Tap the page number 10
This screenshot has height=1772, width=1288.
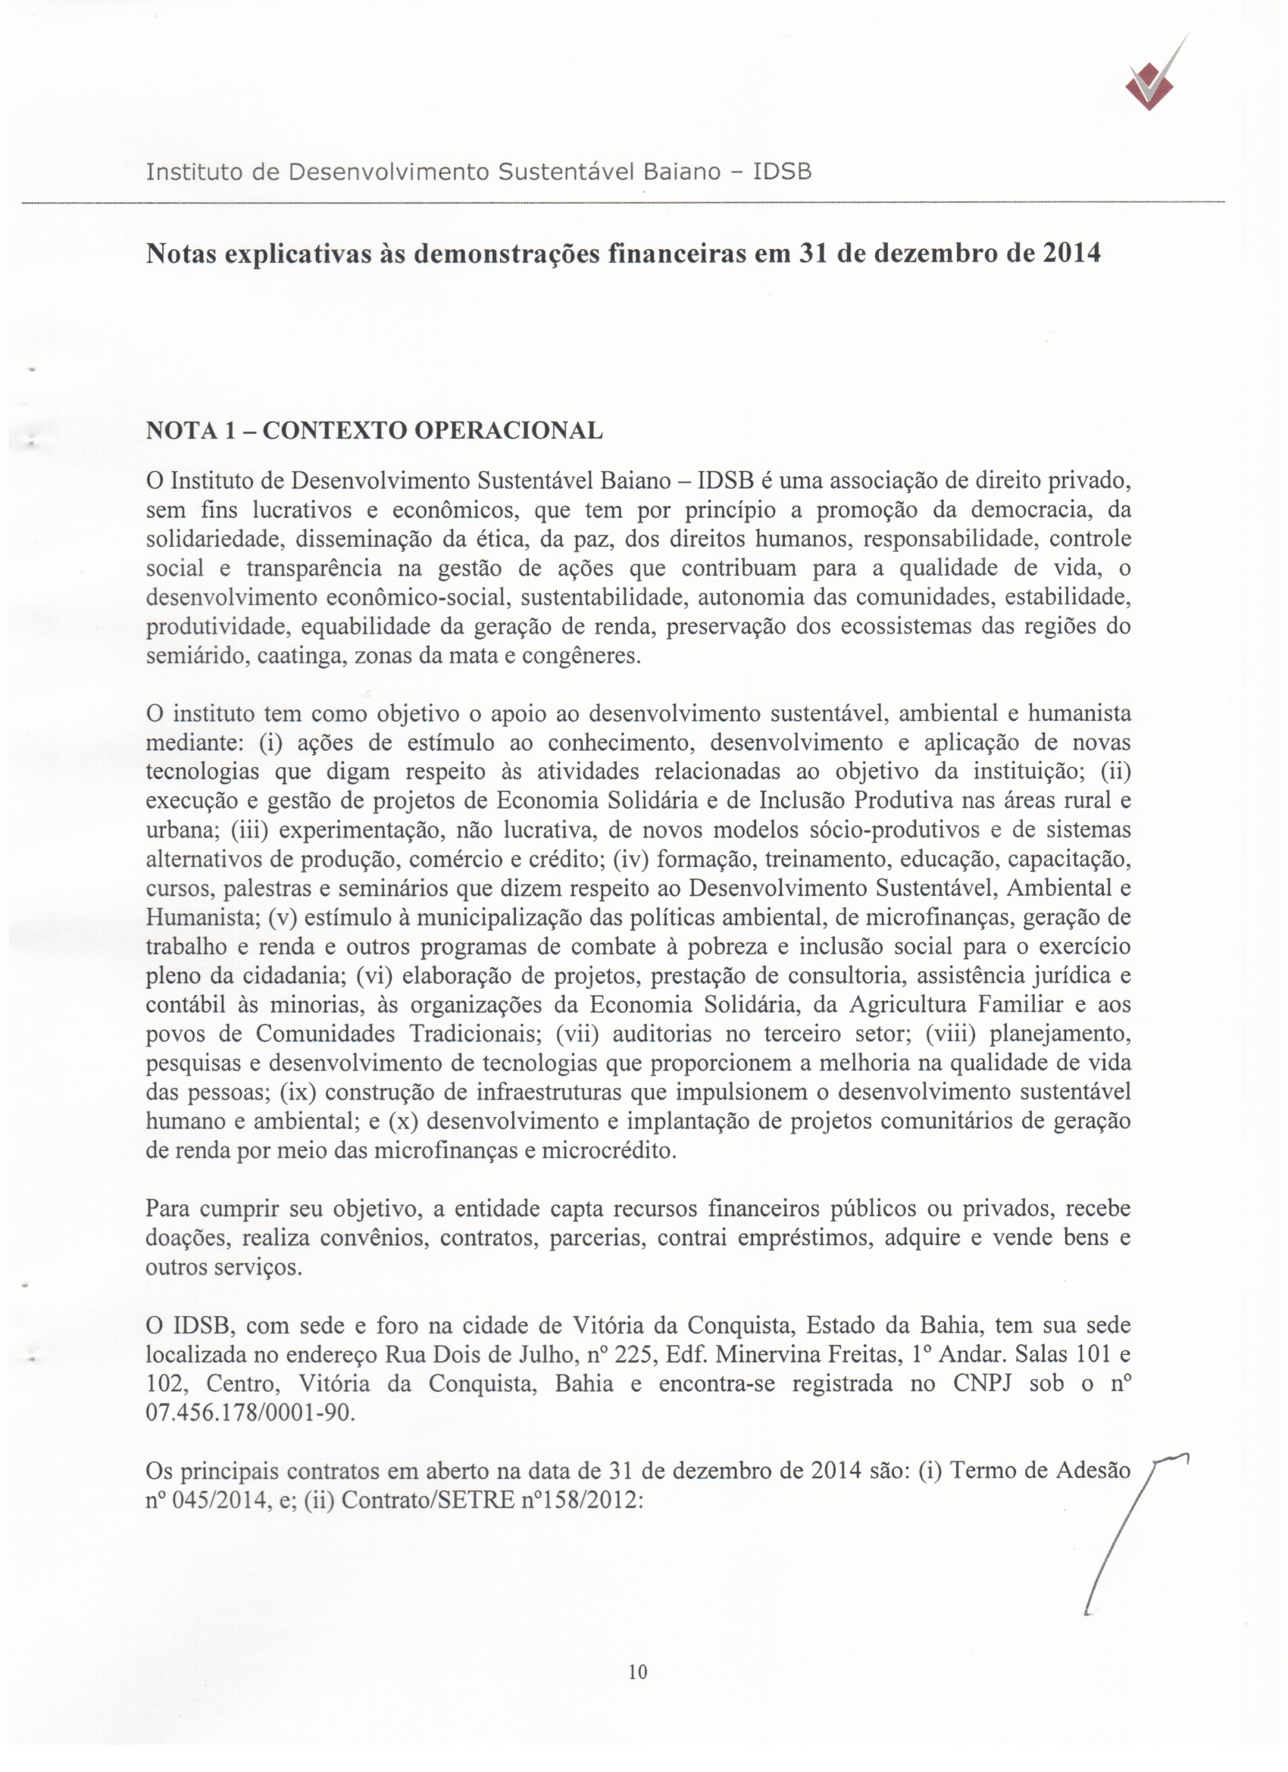637,1672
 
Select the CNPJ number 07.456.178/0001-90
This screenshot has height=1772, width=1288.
250,1414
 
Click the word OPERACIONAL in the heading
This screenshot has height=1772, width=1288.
508,430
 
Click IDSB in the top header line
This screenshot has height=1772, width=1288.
782,172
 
